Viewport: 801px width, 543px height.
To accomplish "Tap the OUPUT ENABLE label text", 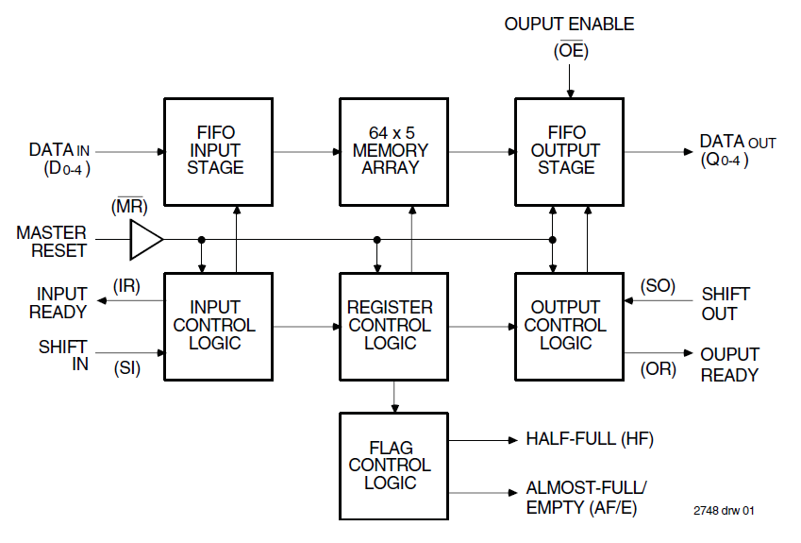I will click(569, 24).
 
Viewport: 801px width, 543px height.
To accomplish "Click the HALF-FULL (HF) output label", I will click(589, 439).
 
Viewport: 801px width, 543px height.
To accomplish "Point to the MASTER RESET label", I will click(51, 241).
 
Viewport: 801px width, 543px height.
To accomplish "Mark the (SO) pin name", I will click(658, 285).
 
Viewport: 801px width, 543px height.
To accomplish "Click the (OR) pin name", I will click(658, 368).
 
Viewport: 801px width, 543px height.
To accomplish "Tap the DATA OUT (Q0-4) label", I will click(737, 150).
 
